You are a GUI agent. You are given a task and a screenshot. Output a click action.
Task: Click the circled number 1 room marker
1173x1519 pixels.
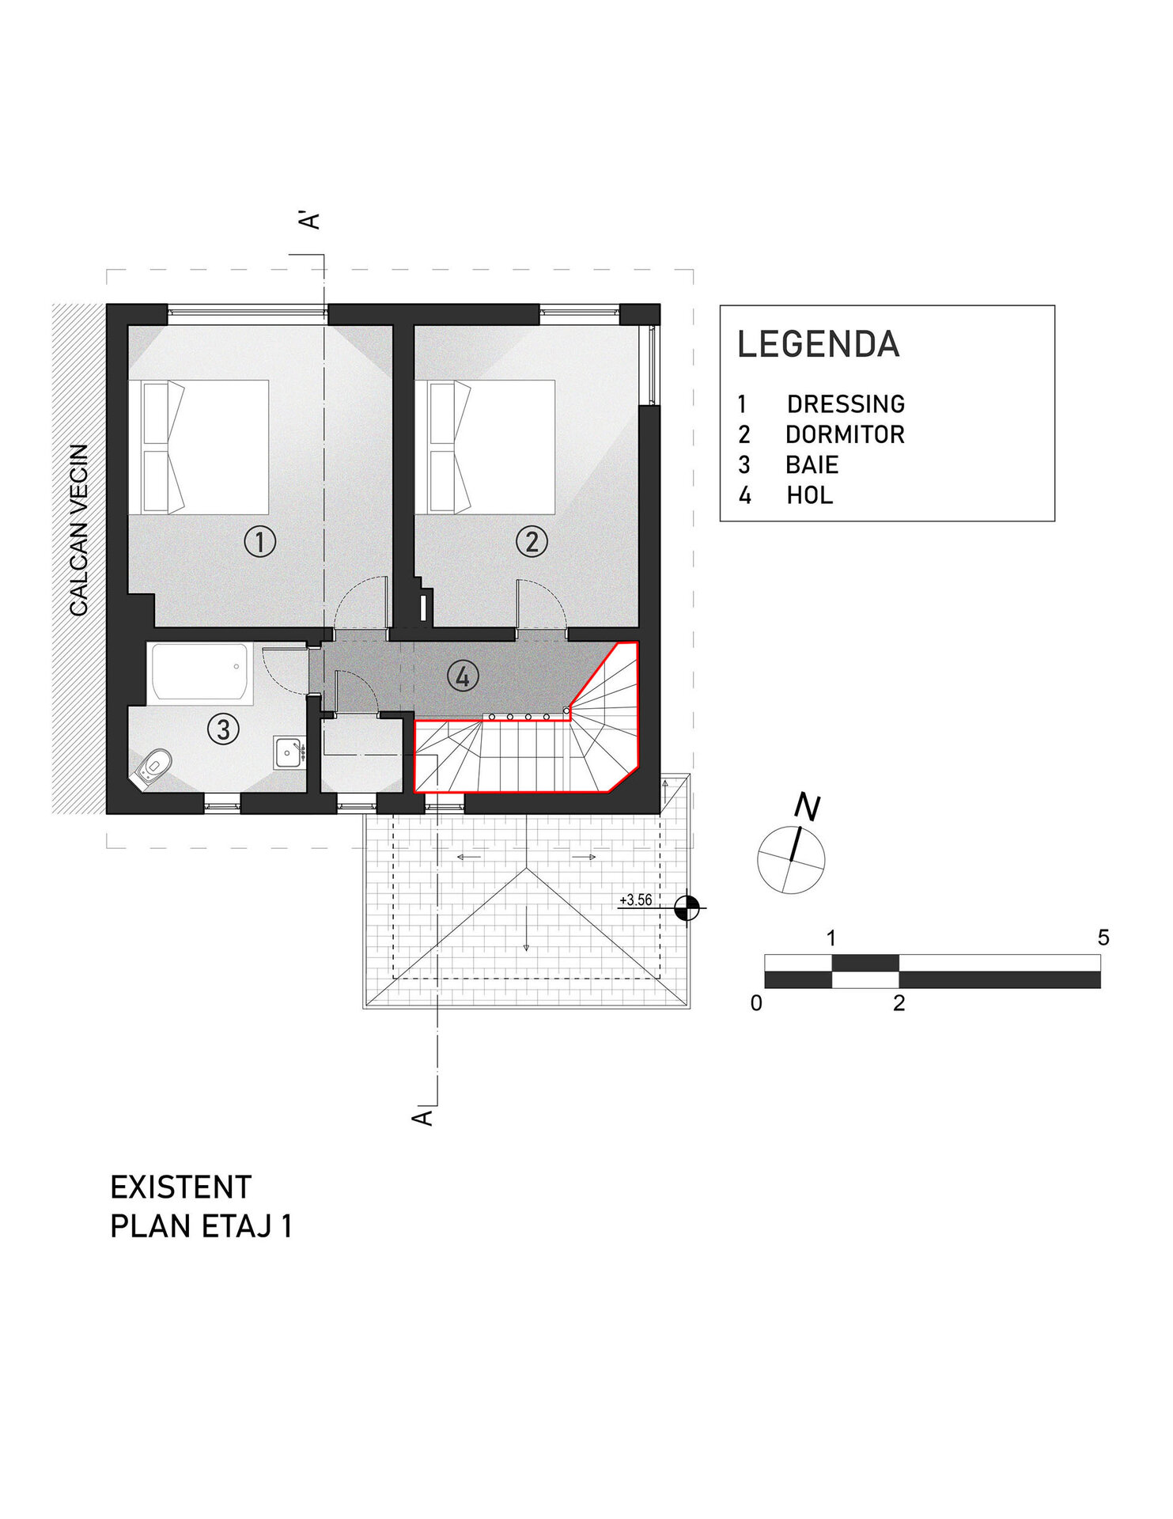pos(259,542)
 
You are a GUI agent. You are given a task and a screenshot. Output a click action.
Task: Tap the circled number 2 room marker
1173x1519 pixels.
pos(532,542)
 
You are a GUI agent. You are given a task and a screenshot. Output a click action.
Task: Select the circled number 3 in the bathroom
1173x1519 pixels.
pos(223,729)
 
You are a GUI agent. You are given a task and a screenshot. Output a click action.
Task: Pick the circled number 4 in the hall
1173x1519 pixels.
pos(463,676)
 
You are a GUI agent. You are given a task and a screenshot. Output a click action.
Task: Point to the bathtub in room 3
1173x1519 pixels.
pos(201,672)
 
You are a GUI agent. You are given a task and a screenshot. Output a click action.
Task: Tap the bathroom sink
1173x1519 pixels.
pos(289,752)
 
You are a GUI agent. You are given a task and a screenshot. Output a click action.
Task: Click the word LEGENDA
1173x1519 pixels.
pos(819,344)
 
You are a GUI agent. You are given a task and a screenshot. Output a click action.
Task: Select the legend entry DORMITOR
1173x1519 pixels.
pos(845,434)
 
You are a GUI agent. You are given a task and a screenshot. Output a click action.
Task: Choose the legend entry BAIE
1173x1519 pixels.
pos(812,464)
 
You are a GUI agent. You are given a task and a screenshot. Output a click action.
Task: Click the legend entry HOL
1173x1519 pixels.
pos(810,495)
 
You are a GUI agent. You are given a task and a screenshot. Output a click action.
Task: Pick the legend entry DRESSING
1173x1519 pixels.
pos(846,404)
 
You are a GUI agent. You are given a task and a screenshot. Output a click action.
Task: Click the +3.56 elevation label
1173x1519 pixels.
pos(636,900)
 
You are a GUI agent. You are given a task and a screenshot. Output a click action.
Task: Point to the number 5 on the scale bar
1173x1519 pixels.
pos(1103,938)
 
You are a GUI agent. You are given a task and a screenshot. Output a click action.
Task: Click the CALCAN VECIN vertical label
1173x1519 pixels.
pos(79,530)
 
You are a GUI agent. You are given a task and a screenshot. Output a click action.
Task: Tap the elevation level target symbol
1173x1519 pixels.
pos(687,907)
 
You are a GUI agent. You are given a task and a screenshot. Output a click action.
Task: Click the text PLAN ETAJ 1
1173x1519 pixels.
pos(202,1226)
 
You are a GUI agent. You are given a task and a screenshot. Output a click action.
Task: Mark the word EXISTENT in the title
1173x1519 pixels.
pos(181,1188)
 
